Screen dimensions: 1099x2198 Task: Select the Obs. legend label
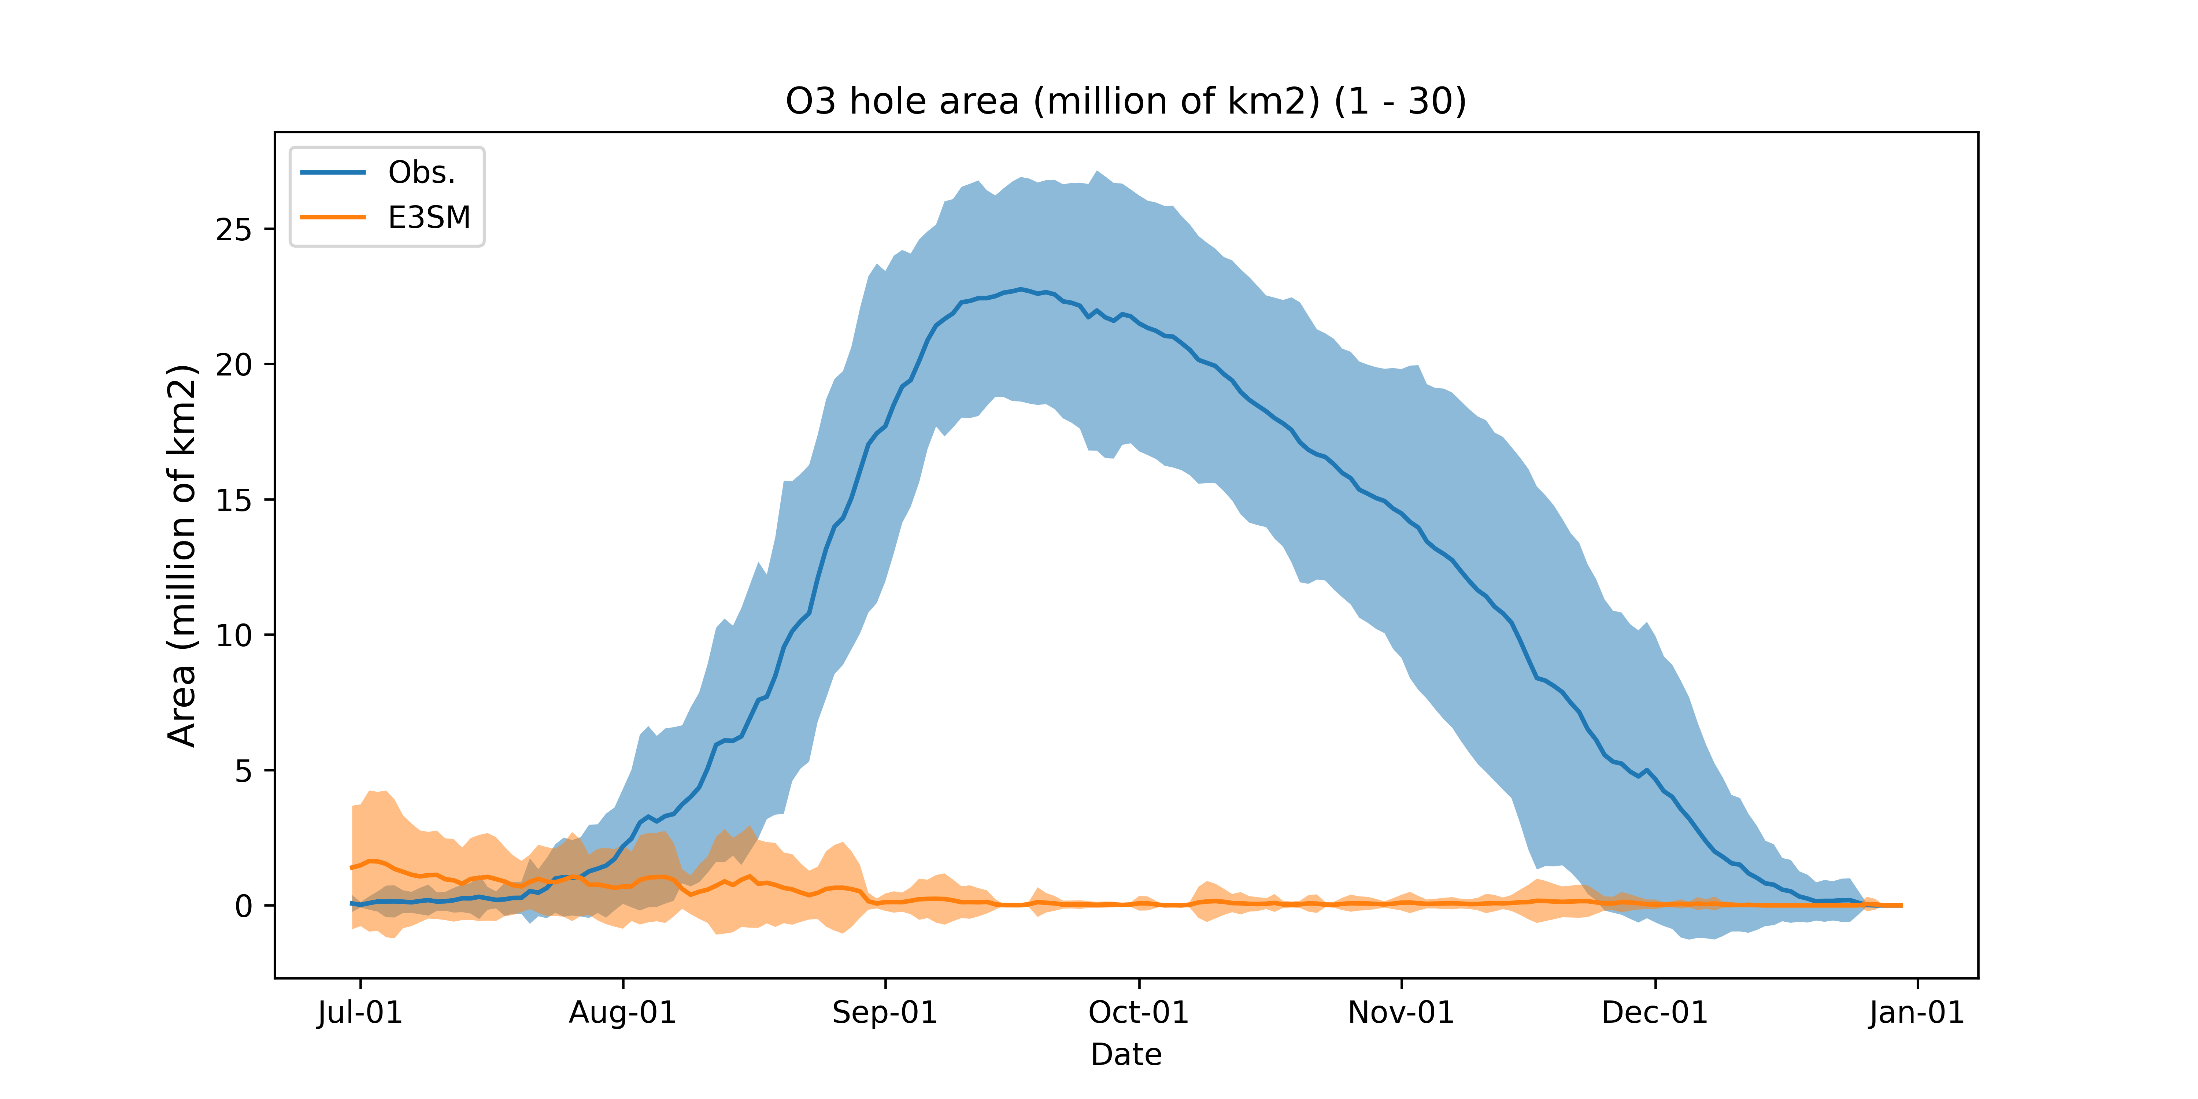[422, 172]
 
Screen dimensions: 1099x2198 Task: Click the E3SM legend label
[429, 218]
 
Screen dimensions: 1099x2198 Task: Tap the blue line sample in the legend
[333, 172]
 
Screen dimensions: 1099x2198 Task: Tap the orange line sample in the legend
[333, 218]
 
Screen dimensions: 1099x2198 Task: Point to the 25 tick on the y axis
[234, 230]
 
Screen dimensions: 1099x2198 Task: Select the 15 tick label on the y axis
[234, 500]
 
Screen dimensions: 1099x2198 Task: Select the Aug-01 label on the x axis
[623, 1013]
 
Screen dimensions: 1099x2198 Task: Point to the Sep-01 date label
[885, 1013]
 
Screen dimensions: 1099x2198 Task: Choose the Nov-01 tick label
[1401, 1013]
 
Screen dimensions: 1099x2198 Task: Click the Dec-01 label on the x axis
[1654, 1013]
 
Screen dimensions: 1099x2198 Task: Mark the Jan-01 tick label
[1916, 1013]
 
